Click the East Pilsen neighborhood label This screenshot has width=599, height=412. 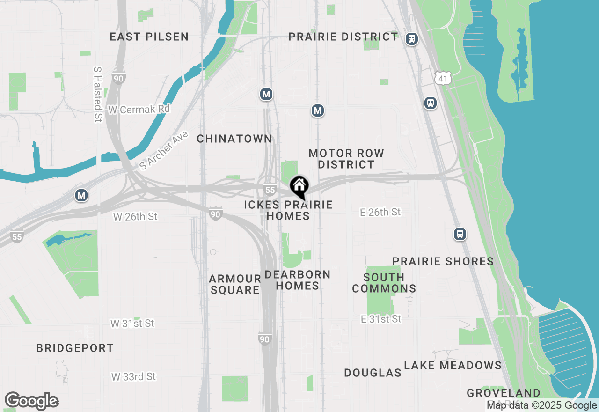point(149,37)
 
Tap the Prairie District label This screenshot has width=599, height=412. point(343,37)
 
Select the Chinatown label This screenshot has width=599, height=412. point(234,139)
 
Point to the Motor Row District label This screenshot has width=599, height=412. point(346,159)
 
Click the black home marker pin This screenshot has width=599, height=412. point(299,186)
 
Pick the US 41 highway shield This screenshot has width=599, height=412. point(442,79)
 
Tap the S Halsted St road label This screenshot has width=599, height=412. point(98,94)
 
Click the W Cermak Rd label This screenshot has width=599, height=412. point(139,109)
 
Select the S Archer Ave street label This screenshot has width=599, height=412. point(164,150)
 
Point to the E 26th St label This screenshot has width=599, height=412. point(380,212)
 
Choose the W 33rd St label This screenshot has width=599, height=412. point(133,376)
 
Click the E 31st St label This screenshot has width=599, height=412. point(381,319)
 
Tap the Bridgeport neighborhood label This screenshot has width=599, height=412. point(75,348)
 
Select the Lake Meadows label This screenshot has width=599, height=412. point(453,365)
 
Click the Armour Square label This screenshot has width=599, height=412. point(234,284)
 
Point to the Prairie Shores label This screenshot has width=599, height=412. point(443,261)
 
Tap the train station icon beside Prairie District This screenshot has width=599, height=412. point(412,39)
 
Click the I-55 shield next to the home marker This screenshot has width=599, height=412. point(269,190)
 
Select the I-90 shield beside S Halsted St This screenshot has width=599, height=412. point(118,78)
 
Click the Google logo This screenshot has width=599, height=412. point(31,401)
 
